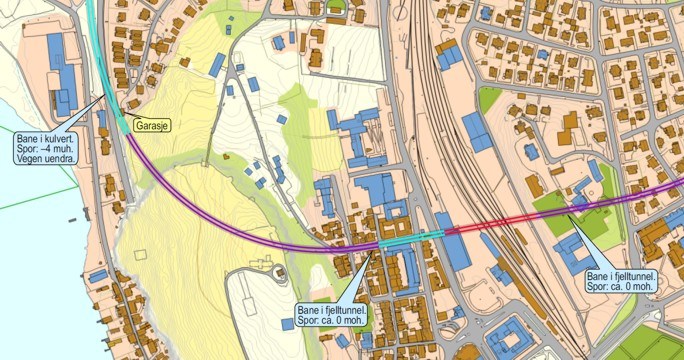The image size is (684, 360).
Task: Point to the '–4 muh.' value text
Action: [58, 149]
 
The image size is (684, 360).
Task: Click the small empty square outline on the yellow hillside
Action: [141, 254]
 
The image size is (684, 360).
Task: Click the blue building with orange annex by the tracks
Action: [445, 55]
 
